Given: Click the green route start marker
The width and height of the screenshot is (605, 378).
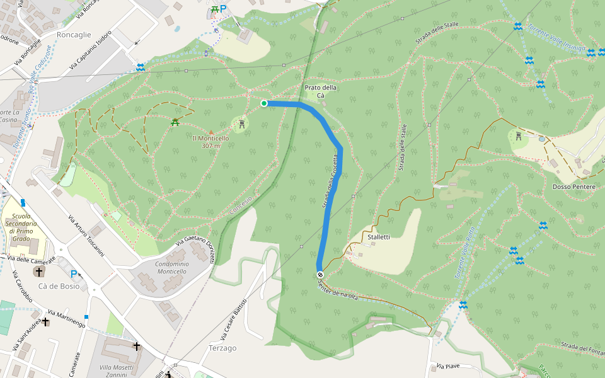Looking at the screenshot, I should [x=264, y=103].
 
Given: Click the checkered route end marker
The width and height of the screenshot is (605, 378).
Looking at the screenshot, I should [x=320, y=275].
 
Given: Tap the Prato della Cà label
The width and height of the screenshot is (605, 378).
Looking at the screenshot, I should [x=320, y=91].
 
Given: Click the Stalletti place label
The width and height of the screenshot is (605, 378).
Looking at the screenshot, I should [x=379, y=237].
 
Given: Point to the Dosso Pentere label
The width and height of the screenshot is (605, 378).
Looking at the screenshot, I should [x=573, y=187].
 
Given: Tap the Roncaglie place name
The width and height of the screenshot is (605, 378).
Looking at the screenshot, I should [x=74, y=35].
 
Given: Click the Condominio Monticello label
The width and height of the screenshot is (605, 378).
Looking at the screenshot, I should [x=163, y=267].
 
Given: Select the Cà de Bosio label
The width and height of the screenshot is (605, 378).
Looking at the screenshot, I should [x=59, y=286].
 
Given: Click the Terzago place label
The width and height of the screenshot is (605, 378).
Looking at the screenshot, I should [x=222, y=348].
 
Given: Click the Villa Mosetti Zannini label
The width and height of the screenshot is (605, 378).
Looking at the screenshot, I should [x=116, y=371].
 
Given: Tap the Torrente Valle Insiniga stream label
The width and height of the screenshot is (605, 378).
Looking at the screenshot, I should [x=557, y=38].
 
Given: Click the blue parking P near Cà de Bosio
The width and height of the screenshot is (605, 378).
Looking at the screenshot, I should [x=74, y=274].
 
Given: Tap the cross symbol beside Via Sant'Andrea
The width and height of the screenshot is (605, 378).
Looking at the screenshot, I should [x=45, y=322].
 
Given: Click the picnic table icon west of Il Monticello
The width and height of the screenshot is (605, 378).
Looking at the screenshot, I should [x=175, y=122].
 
